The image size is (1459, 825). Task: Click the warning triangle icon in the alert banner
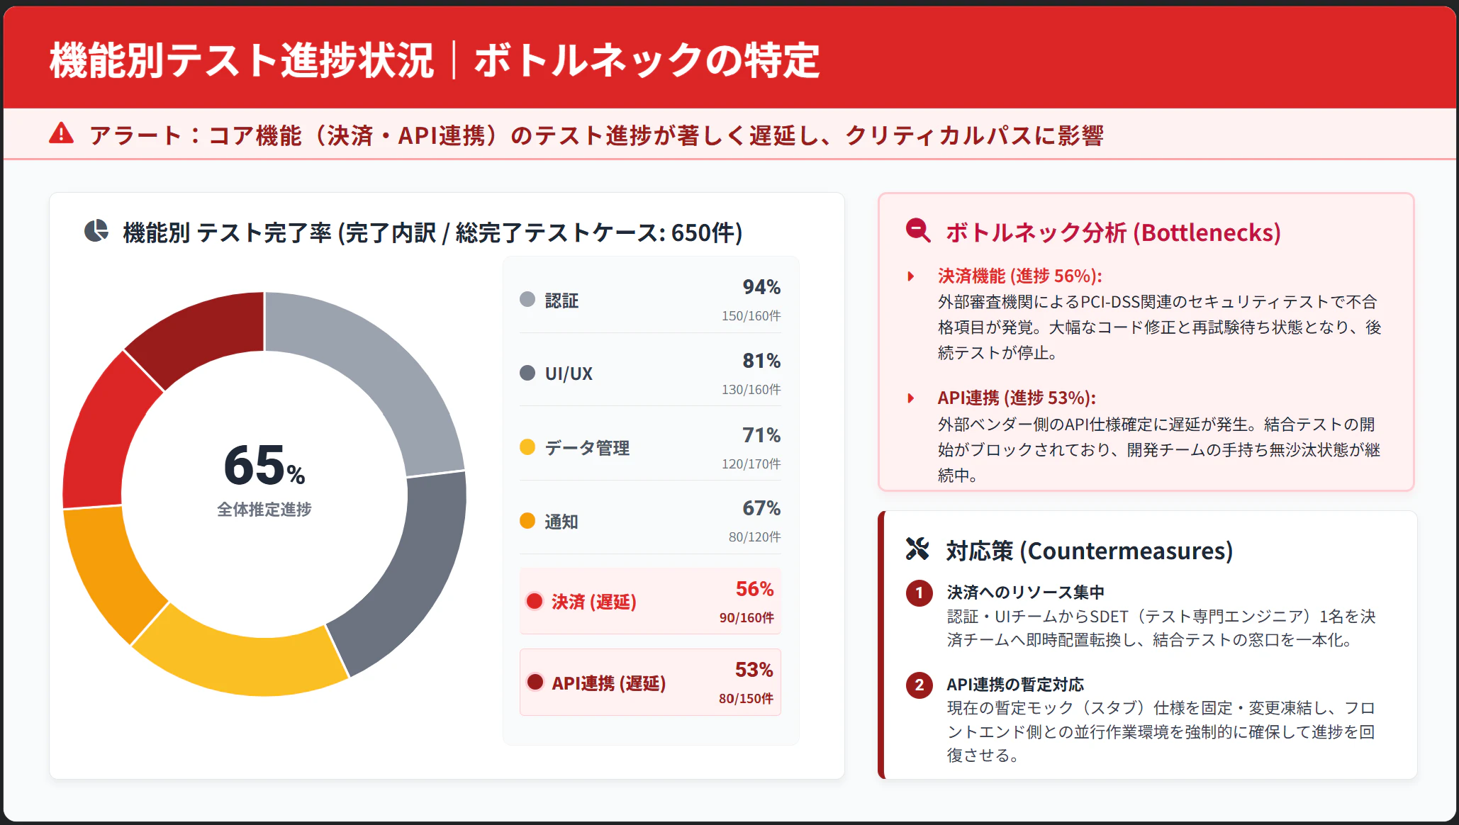pos(62,133)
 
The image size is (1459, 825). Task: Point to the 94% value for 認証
pos(761,287)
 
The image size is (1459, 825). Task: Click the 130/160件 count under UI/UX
pos(751,390)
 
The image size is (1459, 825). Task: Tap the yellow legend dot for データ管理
pos(527,447)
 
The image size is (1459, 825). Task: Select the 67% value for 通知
pos(761,508)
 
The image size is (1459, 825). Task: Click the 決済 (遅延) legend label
pos(593,602)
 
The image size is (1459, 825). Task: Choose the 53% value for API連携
pos(754,670)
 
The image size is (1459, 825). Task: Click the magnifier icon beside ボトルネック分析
pos(918,231)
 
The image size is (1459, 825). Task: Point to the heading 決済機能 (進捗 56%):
pos(1019,276)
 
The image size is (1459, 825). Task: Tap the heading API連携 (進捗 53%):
pos(1016,398)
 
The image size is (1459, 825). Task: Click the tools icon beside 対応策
pos(917,549)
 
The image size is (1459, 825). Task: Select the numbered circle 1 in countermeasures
pos(919,593)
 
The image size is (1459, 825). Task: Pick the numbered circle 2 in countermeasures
pos(919,685)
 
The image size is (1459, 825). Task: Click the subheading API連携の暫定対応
pos(1014,685)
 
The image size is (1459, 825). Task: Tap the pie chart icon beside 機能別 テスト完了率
pos(96,231)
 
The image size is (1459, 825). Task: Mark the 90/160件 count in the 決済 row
pos(746,618)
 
